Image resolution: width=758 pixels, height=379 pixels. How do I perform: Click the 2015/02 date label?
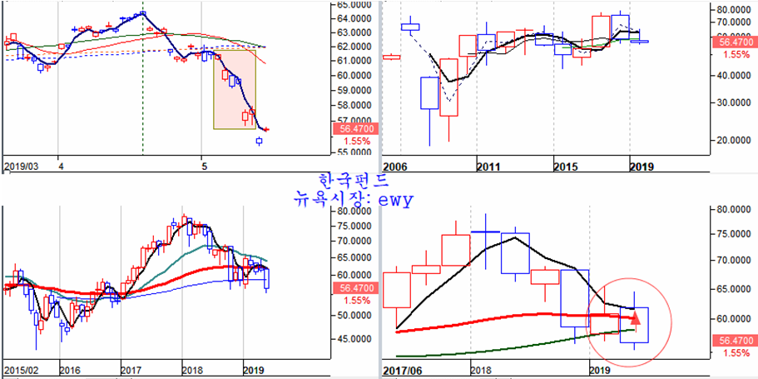coord(21,368)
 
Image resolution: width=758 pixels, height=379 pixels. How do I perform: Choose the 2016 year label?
coord(70,368)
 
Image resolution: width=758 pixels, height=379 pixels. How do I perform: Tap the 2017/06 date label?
coord(402,368)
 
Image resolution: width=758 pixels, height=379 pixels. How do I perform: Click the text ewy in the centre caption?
coord(396,201)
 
